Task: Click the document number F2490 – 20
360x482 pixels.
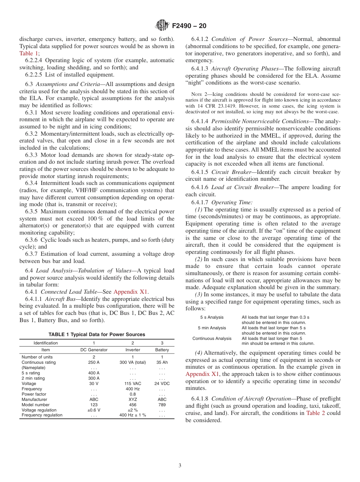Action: [189, 26]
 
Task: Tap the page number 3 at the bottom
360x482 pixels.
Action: [180, 465]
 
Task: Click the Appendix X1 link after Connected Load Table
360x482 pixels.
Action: [131, 291]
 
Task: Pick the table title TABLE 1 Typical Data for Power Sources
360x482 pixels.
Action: [97, 335]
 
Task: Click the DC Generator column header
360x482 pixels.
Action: [94, 350]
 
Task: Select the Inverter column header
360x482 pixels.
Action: [133, 350]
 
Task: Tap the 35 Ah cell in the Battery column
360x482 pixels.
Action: [162, 362]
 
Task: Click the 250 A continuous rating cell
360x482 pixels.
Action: [94, 362]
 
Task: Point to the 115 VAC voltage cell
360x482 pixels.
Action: [133, 383]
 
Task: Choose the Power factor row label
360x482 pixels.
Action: [34, 394]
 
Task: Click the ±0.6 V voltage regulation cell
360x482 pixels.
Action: [94, 410]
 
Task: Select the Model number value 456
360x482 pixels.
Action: [133, 405]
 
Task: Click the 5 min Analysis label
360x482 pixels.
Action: [212, 328]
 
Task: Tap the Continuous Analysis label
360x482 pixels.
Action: [212, 338]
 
